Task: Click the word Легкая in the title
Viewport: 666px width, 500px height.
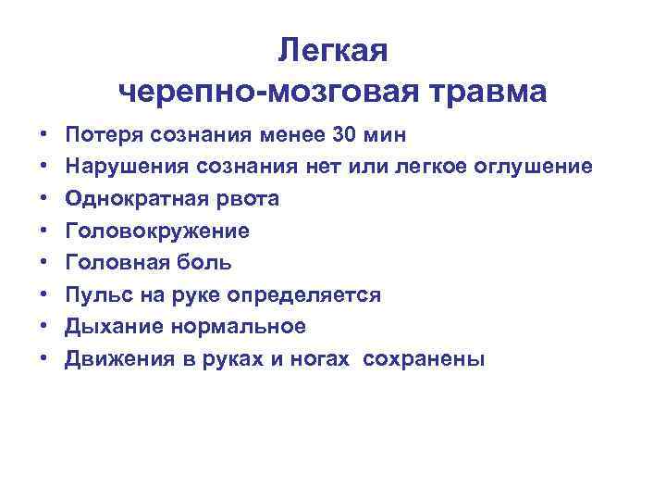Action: tap(333, 52)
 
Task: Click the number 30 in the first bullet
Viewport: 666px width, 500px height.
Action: tap(341, 135)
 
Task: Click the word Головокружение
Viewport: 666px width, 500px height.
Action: tap(156, 231)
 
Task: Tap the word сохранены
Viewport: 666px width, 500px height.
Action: tap(424, 359)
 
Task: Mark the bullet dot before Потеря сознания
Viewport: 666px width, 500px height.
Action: tap(43, 136)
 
